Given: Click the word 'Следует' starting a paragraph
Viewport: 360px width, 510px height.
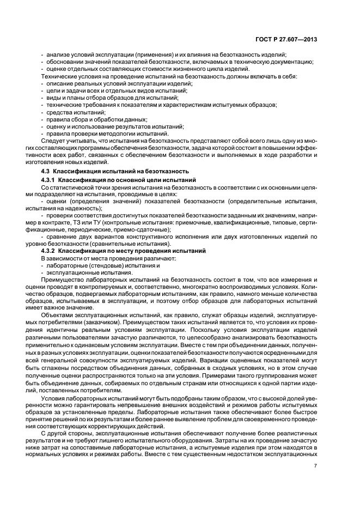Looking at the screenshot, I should pyautogui.click(x=53, y=141).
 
